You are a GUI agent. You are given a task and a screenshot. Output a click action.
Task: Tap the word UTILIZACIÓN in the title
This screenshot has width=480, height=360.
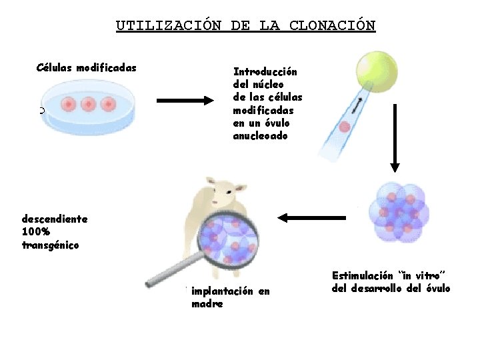tap(168, 26)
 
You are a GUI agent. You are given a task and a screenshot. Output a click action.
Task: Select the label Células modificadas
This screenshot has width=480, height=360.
tap(87, 67)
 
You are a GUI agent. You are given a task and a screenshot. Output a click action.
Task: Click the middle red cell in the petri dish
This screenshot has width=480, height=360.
tap(88, 104)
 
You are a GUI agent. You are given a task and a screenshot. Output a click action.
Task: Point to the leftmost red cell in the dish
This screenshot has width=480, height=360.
tap(69, 104)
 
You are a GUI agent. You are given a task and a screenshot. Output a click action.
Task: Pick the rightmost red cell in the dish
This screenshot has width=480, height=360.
tap(107, 104)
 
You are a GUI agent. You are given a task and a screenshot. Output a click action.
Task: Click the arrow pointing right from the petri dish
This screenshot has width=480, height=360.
tap(185, 101)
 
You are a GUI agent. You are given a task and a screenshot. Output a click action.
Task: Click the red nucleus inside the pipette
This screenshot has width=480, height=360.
tap(345, 127)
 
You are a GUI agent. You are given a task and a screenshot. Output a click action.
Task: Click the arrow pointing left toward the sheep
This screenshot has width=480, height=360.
tap(311, 217)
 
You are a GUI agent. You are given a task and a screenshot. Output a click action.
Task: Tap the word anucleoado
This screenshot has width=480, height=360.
tap(261, 136)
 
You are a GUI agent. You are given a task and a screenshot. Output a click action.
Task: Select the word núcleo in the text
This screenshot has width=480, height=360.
tap(268, 85)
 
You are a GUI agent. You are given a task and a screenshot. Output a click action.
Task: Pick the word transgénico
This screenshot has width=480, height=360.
tap(50, 245)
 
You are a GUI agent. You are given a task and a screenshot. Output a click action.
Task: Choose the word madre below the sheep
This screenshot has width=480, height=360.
tap(207, 304)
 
